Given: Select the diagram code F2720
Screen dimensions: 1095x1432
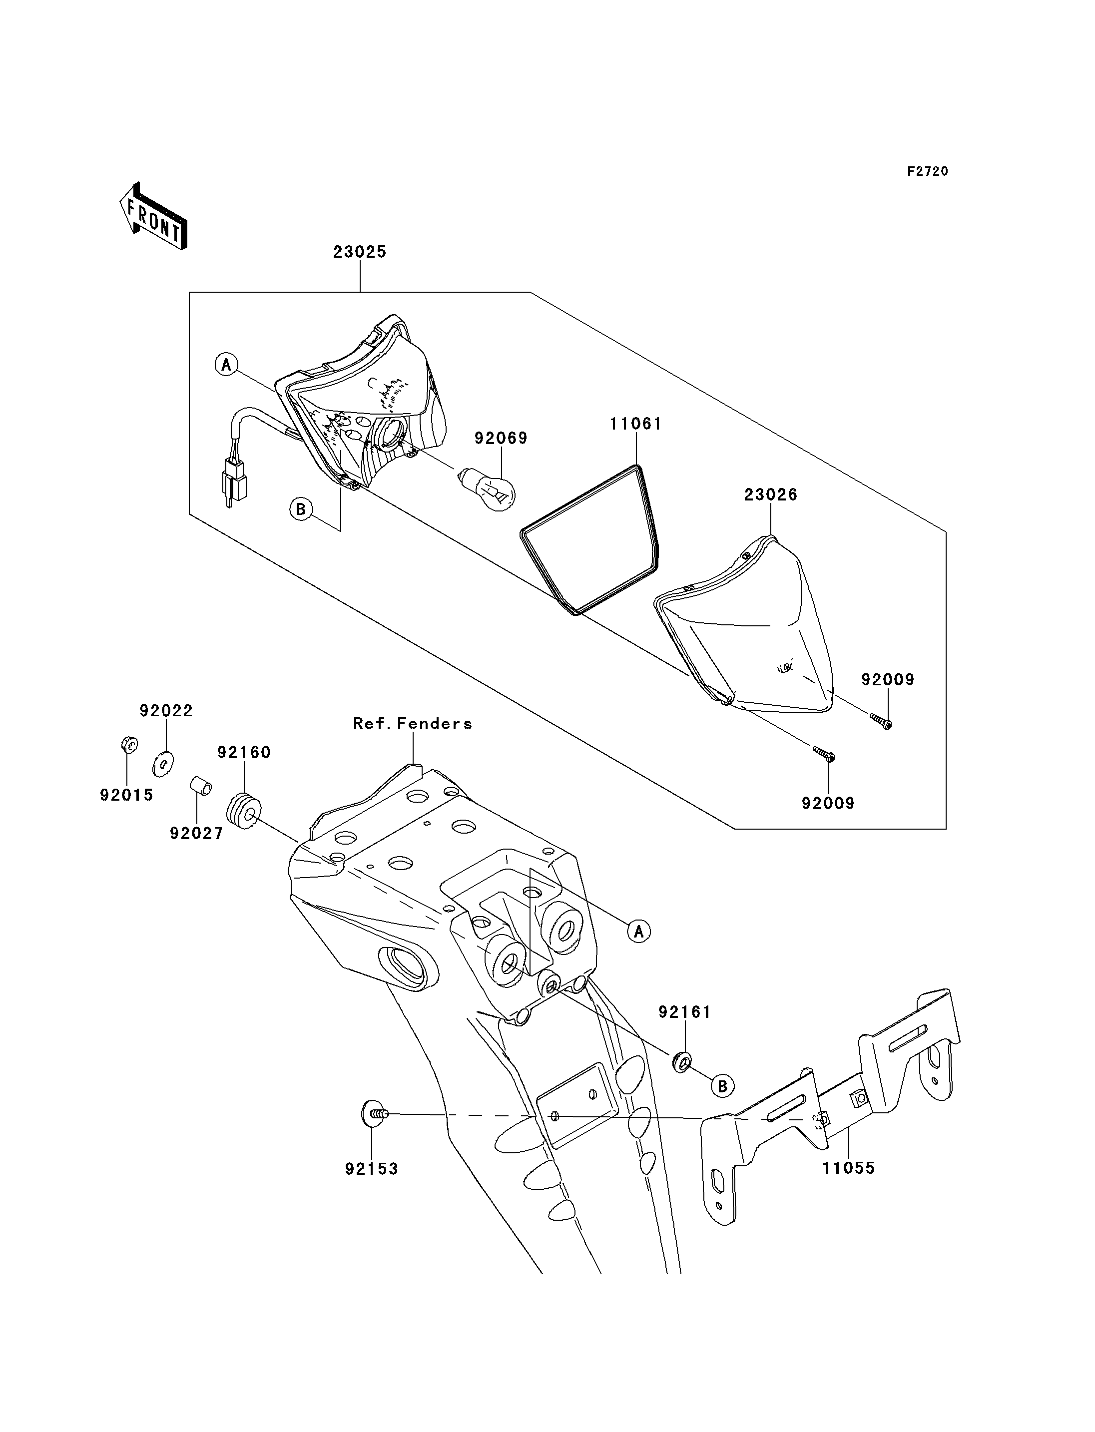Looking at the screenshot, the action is pyautogui.click(x=928, y=171).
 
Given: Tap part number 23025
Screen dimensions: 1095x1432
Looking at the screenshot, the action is pyautogui.click(x=360, y=252).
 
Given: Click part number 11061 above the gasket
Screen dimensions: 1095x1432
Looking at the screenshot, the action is pyautogui.click(x=635, y=424).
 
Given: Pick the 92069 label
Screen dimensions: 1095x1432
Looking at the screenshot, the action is pyautogui.click(x=501, y=438).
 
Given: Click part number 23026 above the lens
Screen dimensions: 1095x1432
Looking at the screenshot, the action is pyautogui.click(x=771, y=494).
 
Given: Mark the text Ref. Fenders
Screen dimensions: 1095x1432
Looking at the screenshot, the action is pyautogui.click(x=413, y=724).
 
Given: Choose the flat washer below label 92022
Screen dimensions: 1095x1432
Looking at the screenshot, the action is pyautogui.click(x=163, y=763).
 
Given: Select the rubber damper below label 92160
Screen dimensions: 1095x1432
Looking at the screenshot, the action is pyautogui.click(x=244, y=811).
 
